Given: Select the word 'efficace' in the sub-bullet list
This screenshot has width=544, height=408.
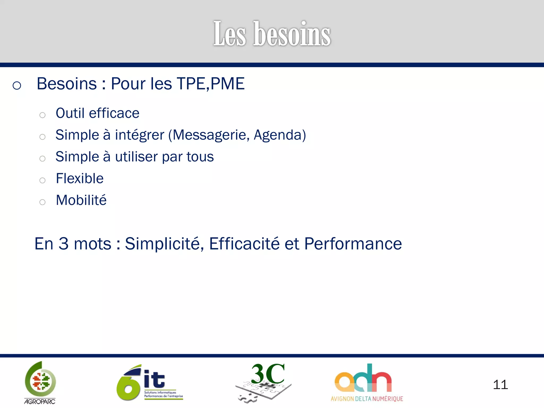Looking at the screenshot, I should point(114,113).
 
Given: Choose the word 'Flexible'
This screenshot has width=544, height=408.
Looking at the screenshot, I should point(80,178).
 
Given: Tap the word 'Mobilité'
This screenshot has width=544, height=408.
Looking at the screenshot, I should point(81,200).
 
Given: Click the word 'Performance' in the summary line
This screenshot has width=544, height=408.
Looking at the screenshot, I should point(353,244).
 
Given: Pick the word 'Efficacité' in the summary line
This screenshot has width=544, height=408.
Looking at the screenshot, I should point(244,244).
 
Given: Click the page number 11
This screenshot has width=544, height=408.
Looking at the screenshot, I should point(500,385).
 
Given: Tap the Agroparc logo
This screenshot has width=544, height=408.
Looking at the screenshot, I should point(40,382).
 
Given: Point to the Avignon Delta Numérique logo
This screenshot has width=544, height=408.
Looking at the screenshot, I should point(367,382).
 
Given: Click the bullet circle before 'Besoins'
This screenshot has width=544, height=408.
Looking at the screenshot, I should point(17,86).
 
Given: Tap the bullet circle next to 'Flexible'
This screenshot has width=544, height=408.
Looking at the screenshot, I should point(42,180).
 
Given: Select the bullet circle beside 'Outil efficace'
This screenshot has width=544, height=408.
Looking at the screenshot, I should point(42,115).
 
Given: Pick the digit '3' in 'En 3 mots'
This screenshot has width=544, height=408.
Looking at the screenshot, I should point(63,244).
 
